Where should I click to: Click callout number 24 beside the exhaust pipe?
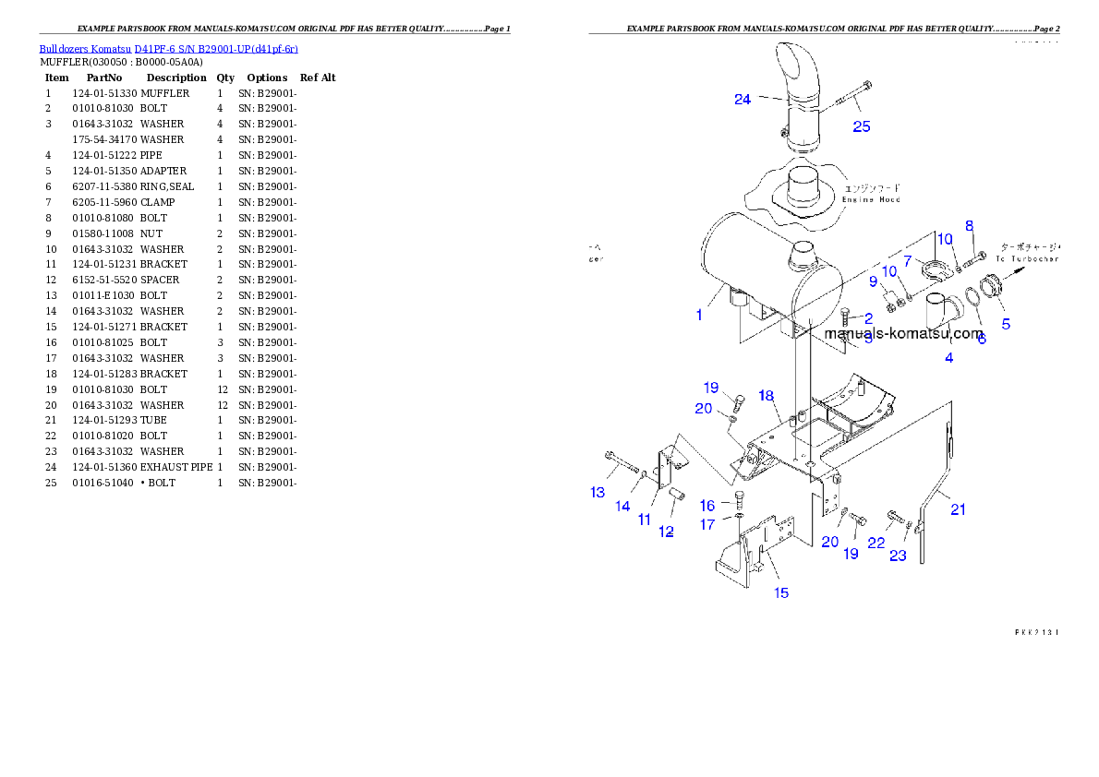pyautogui.click(x=743, y=100)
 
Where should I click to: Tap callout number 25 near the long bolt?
pyautogui.click(x=861, y=127)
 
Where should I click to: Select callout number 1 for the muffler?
pyautogui.click(x=699, y=316)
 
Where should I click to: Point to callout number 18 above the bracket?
pyautogui.click(x=767, y=396)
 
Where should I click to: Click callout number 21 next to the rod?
pyautogui.click(x=958, y=508)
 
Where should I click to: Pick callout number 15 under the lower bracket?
pyautogui.click(x=781, y=592)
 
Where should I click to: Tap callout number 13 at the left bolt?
pyautogui.click(x=598, y=493)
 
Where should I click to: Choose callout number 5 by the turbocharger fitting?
pyautogui.click(x=1006, y=324)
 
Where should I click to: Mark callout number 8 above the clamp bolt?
pyautogui.click(x=969, y=226)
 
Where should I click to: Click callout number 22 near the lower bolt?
pyautogui.click(x=876, y=544)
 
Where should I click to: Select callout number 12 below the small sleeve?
pyautogui.click(x=666, y=532)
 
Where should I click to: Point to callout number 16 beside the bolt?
pyautogui.click(x=707, y=506)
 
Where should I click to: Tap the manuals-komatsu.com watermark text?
pyautogui.click(x=903, y=334)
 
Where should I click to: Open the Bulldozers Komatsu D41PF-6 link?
pyautogui.click(x=168, y=48)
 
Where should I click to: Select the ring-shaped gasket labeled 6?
pyautogui.click(x=974, y=301)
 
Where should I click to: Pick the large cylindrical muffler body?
pyautogui.click(x=748, y=268)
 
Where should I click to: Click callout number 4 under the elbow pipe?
pyautogui.click(x=948, y=358)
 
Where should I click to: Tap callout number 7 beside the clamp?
pyautogui.click(x=907, y=261)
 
